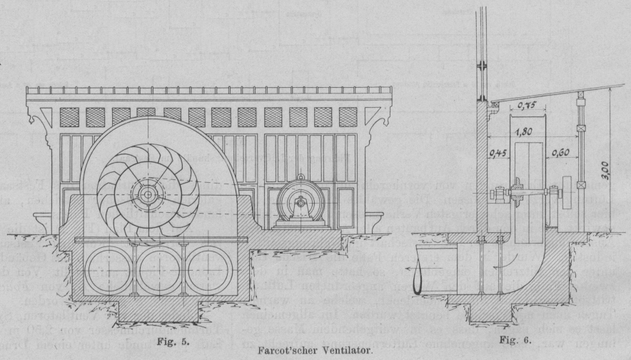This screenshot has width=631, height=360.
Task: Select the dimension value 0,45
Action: [500, 151]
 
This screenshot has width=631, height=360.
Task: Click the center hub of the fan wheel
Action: [147, 194]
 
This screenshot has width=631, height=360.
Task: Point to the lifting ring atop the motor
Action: [300, 177]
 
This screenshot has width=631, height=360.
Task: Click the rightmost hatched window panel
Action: [348, 116]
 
